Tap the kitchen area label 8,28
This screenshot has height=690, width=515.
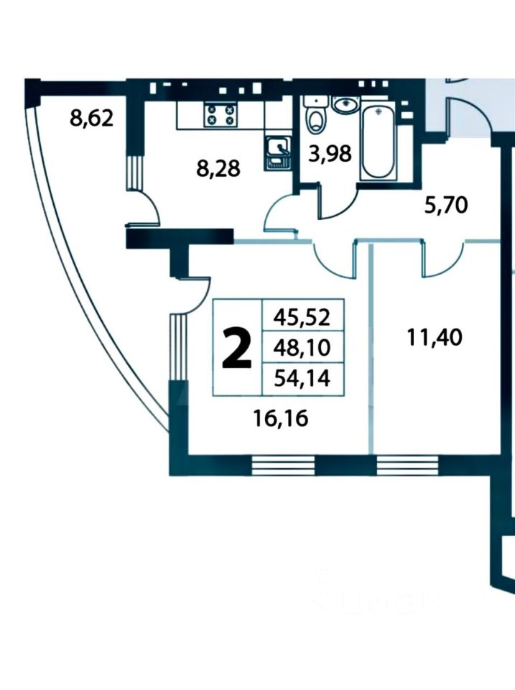pyautogui.click(x=218, y=169)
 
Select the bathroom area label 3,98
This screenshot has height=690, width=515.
pyautogui.click(x=330, y=153)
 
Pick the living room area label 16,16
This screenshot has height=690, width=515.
pyautogui.click(x=281, y=418)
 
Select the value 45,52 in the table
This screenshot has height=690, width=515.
pyautogui.click(x=300, y=315)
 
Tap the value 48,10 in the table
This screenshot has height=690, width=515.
pyautogui.click(x=300, y=348)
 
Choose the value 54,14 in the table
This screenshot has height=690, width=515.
pyautogui.click(x=300, y=379)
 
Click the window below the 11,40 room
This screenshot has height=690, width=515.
pyautogui.click(x=407, y=466)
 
